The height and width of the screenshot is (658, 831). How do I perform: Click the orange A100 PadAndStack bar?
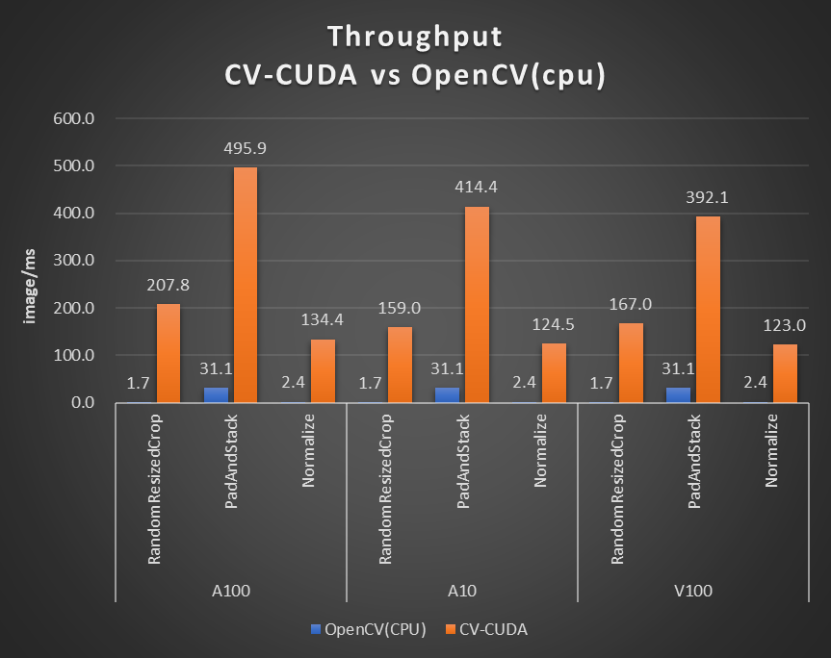click(x=246, y=285)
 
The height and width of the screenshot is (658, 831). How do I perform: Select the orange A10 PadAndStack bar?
click(x=477, y=304)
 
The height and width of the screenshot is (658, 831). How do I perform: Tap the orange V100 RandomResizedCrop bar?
click(x=631, y=363)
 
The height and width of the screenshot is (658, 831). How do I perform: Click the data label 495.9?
click(x=246, y=149)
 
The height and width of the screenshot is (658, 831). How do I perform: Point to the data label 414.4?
click(x=477, y=188)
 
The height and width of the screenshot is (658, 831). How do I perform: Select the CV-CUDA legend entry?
click(x=487, y=629)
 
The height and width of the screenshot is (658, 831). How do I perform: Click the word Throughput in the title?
click(x=415, y=36)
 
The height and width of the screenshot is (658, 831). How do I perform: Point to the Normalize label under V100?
click(x=771, y=450)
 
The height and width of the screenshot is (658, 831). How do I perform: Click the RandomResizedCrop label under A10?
click(x=385, y=490)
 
